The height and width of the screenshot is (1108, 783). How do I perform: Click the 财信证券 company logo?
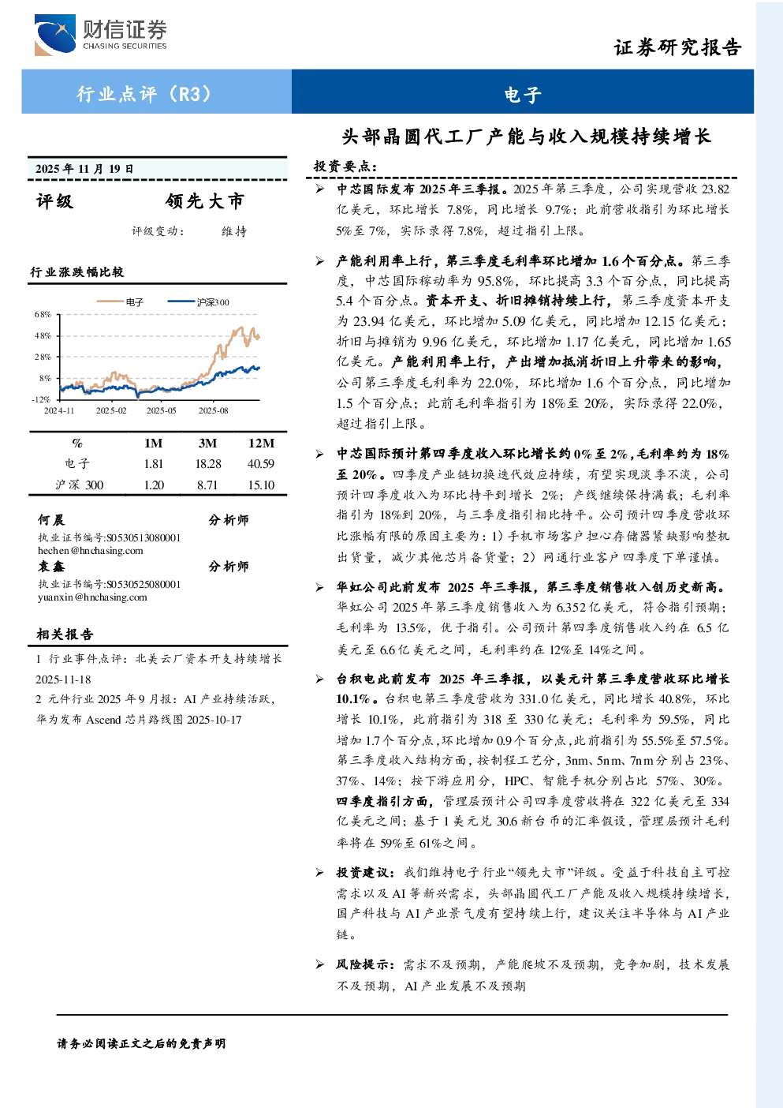click(101, 35)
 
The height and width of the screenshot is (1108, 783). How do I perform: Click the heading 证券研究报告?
click(677, 47)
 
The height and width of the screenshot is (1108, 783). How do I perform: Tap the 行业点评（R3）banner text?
click(144, 93)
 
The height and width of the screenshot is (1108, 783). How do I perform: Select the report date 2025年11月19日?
click(84, 169)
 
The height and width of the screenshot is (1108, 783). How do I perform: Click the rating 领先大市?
click(205, 200)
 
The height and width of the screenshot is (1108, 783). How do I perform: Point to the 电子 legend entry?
click(120, 301)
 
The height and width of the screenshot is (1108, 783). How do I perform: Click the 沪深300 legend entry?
click(198, 301)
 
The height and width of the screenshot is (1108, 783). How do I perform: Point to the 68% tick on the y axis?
click(43, 314)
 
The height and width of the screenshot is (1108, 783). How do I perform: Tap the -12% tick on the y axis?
click(41, 399)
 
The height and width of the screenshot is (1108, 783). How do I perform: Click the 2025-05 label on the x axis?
click(161, 410)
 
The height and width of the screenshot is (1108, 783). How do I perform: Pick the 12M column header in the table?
click(261, 444)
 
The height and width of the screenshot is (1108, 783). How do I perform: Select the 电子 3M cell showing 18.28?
click(208, 464)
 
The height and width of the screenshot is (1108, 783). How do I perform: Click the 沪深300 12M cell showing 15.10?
click(261, 485)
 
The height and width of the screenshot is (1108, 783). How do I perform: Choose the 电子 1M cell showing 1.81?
click(153, 464)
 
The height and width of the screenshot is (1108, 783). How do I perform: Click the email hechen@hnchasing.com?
click(91, 551)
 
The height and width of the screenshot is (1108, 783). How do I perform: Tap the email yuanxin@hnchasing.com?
click(92, 597)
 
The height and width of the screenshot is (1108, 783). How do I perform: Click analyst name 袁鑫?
click(51, 567)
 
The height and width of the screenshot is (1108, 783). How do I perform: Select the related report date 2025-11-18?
click(63, 679)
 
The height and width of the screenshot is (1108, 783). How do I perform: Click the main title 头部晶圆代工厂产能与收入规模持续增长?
click(527, 137)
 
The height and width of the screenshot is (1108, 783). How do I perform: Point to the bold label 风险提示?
click(365, 965)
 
